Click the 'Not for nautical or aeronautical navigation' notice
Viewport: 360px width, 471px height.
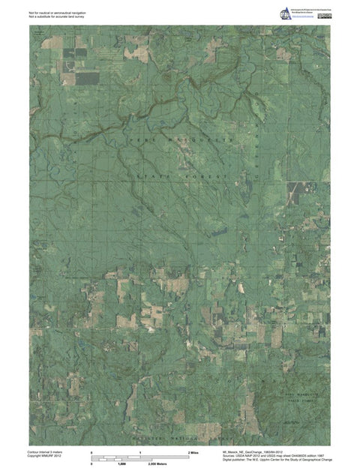[56, 12]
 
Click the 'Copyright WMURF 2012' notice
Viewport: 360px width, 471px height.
[44, 457]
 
